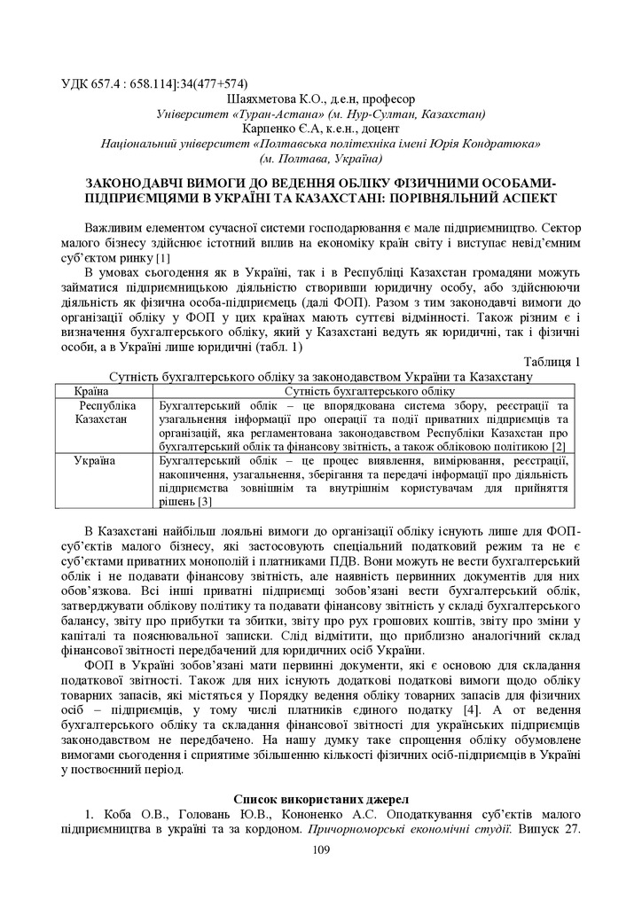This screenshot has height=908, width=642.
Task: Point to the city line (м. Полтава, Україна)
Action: tap(320, 159)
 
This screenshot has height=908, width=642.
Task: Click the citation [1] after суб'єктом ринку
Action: tap(163, 258)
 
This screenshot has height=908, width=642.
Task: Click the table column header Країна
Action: tap(91, 390)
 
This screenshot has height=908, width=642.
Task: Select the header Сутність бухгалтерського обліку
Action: tap(369, 390)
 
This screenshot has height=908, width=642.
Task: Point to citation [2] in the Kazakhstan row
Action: tap(558, 446)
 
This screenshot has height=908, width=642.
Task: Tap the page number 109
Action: tap(321, 851)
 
